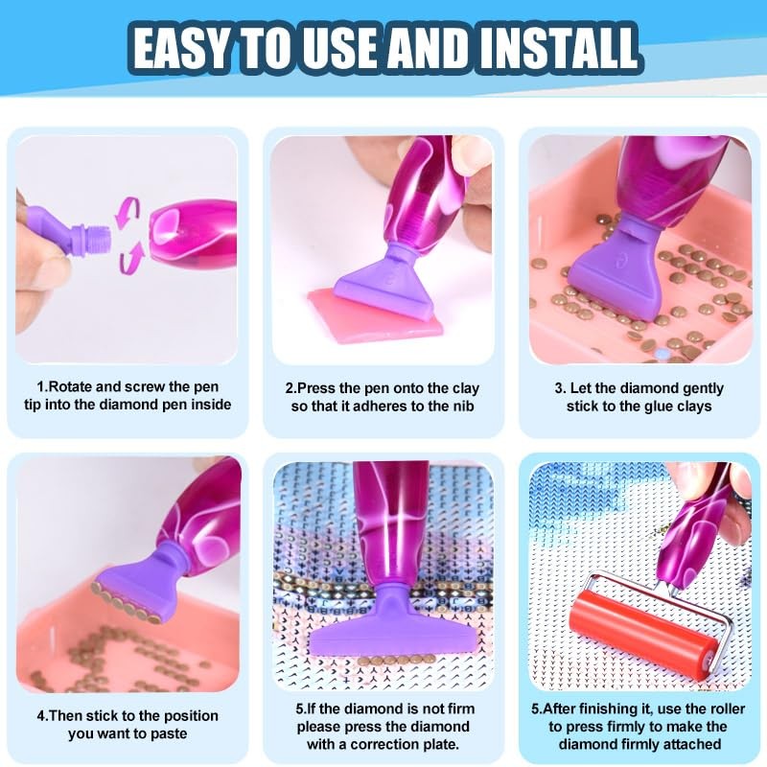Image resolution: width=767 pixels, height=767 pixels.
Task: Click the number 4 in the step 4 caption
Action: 41,716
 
